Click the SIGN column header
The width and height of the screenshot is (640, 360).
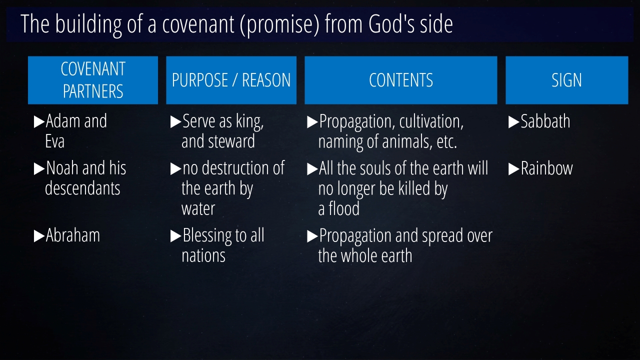click(567, 80)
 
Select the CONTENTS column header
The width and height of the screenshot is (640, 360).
click(401, 80)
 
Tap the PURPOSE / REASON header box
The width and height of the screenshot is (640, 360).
click(231, 80)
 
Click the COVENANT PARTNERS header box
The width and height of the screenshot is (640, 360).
click(93, 80)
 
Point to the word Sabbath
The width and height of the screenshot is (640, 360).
click(545, 121)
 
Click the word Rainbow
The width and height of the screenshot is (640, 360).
click(547, 168)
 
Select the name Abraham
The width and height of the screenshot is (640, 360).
click(73, 235)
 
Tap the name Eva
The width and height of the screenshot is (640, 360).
click(54, 141)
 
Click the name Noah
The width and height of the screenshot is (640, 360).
click(62, 168)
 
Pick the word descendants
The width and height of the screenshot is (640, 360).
click(82, 188)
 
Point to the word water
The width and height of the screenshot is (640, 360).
click(198, 209)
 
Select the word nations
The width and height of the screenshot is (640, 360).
click(203, 255)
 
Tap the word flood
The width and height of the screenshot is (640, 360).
click(344, 208)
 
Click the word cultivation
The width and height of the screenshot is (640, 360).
click(431, 121)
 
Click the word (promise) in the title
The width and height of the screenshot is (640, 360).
click(279, 25)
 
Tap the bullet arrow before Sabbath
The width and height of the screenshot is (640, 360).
click(513, 122)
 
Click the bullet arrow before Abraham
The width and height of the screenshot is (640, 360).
click(39, 236)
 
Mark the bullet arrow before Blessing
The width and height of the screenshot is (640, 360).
click(175, 236)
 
